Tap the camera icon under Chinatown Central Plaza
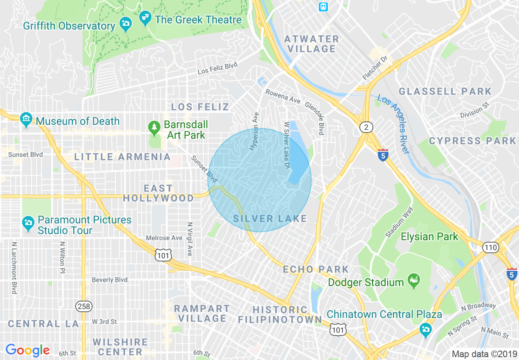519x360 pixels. click(x=426, y=328)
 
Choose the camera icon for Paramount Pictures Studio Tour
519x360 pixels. click(x=28, y=223)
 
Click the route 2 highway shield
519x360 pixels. click(x=366, y=128)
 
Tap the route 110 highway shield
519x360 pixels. click(x=490, y=248)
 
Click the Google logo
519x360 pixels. click(x=27, y=350)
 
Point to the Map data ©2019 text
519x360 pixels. click(x=483, y=353)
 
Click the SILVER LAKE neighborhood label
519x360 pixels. click(x=270, y=219)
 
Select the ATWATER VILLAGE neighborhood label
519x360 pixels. click(x=311, y=44)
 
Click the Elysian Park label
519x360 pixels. click(x=429, y=236)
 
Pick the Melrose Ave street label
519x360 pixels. click(x=164, y=238)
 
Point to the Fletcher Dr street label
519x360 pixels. click(x=375, y=68)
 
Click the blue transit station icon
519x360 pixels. click(x=323, y=7)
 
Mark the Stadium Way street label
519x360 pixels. click(x=399, y=222)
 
